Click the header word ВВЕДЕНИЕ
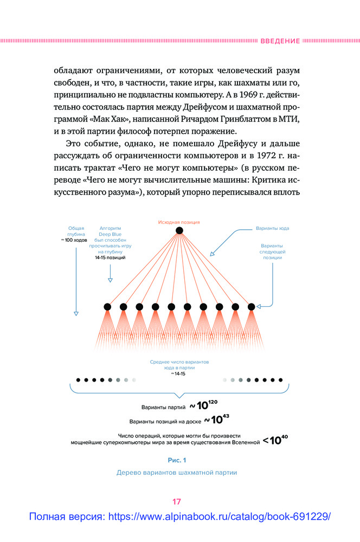pyautogui.click(x=280, y=41)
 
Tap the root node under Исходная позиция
pyautogui.click(x=179, y=231)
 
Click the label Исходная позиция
pyautogui.click(x=179, y=222)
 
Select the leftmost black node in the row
pyautogui.click(x=107, y=307)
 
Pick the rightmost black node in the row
pyautogui.click(x=252, y=307)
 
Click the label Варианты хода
pyautogui.click(x=272, y=229)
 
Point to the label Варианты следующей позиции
pyautogui.click(x=272, y=252)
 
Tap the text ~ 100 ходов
pyautogui.click(x=75, y=240)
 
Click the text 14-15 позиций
pyautogui.click(x=110, y=257)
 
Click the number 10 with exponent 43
pyautogui.click(x=216, y=420)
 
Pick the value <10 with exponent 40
pyautogui.click(x=275, y=440)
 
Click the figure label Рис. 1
pyautogui.click(x=177, y=460)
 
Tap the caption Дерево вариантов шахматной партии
pyautogui.click(x=177, y=472)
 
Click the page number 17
pyautogui.click(x=177, y=501)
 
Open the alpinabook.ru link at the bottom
pyautogui.click(x=179, y=517)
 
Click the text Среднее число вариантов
pyautogui.click(x=179, y=362)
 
